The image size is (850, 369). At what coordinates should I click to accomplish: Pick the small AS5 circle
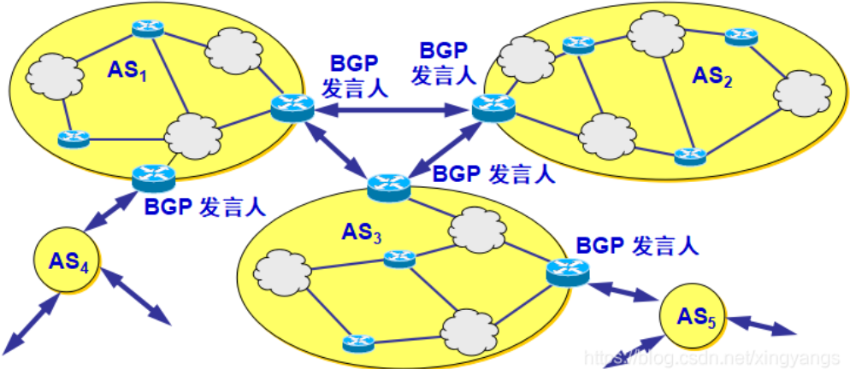[694, 321]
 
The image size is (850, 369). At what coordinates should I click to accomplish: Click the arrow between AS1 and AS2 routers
[390, 109]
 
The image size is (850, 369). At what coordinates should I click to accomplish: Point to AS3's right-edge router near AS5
[568, 271]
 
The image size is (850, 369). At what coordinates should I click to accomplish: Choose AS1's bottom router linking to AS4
[154, 178]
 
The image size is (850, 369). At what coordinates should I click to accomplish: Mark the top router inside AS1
[147, 28]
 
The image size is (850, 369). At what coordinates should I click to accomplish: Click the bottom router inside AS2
[688, 156]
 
